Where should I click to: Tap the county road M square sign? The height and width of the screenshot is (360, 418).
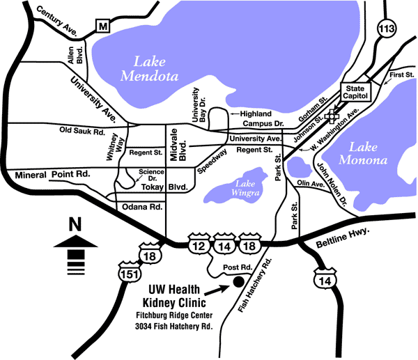point(104,26)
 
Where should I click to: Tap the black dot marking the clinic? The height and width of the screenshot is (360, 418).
point(238,282)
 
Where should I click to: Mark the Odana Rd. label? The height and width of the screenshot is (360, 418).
point(146,207)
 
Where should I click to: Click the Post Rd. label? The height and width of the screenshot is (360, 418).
point(236,267)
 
